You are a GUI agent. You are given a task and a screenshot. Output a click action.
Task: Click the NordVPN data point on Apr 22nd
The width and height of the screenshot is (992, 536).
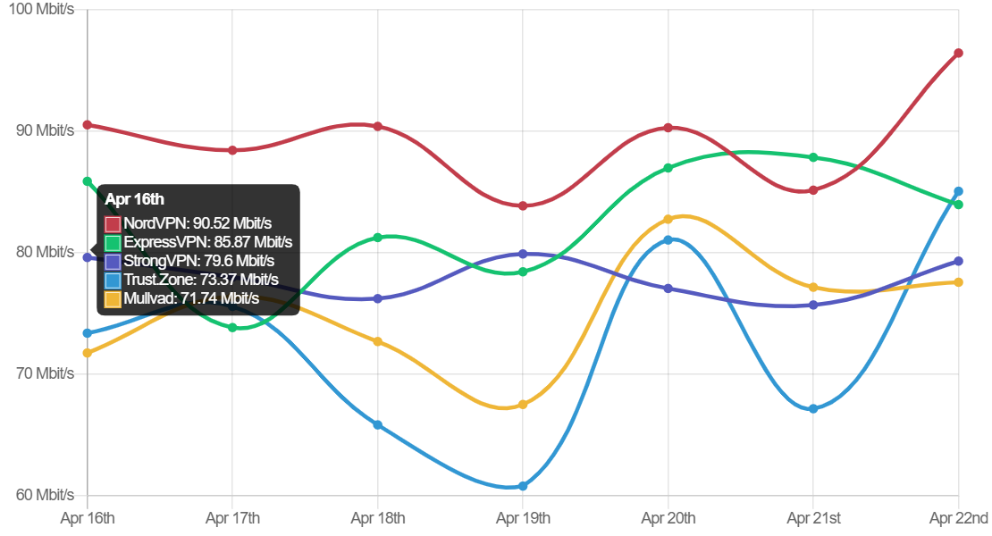click(x=958, y=53)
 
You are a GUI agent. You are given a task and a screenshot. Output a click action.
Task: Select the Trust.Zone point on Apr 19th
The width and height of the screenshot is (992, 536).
click(x=523, y=486)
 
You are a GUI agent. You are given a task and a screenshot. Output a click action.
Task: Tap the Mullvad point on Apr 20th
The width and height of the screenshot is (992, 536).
click(x=668, y=219)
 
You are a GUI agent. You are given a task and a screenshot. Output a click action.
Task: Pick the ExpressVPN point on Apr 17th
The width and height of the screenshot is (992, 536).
click(x=232, y=328)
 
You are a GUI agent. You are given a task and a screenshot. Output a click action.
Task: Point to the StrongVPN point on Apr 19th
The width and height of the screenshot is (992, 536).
click(x=523, y=254)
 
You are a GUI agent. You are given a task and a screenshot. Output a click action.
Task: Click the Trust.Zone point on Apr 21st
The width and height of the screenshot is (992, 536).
click(x=813, y=408)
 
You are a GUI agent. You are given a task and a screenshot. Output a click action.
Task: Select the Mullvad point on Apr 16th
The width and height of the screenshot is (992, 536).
click(x=88, y=353)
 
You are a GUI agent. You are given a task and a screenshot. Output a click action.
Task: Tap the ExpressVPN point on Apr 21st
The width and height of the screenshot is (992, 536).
click(x=813, y=157)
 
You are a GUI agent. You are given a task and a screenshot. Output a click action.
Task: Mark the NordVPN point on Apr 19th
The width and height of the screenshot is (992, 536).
click(x=523, y=205)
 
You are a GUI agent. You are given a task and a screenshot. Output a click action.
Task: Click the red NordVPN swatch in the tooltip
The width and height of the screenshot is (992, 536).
click(x=113, y=223)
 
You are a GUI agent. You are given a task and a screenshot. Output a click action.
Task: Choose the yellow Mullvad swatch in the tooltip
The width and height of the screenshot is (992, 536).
click(x=113, y=298)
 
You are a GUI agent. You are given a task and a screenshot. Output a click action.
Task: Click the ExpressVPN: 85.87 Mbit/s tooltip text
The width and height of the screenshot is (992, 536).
click(x=208, y=242)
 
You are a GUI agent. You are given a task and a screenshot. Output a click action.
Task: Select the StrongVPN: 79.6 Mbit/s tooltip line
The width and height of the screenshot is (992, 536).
click(x=199, y=261)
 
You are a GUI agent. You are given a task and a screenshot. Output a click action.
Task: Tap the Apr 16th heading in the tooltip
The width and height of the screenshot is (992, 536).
click(x=135, y=199)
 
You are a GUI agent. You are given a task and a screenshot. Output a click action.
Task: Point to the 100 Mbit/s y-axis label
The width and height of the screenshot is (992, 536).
click(x=42, y=9)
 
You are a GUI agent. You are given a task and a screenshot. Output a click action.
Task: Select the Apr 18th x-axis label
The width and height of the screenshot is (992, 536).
click(x=378, y=517)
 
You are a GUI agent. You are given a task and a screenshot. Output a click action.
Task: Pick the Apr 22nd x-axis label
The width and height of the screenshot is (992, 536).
click(x=959, y=517)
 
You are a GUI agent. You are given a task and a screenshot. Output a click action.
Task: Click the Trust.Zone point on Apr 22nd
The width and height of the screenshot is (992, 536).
click(x=958, y=191)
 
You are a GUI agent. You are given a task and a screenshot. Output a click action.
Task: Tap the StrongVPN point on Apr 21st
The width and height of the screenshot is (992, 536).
click(x=813, y=305)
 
